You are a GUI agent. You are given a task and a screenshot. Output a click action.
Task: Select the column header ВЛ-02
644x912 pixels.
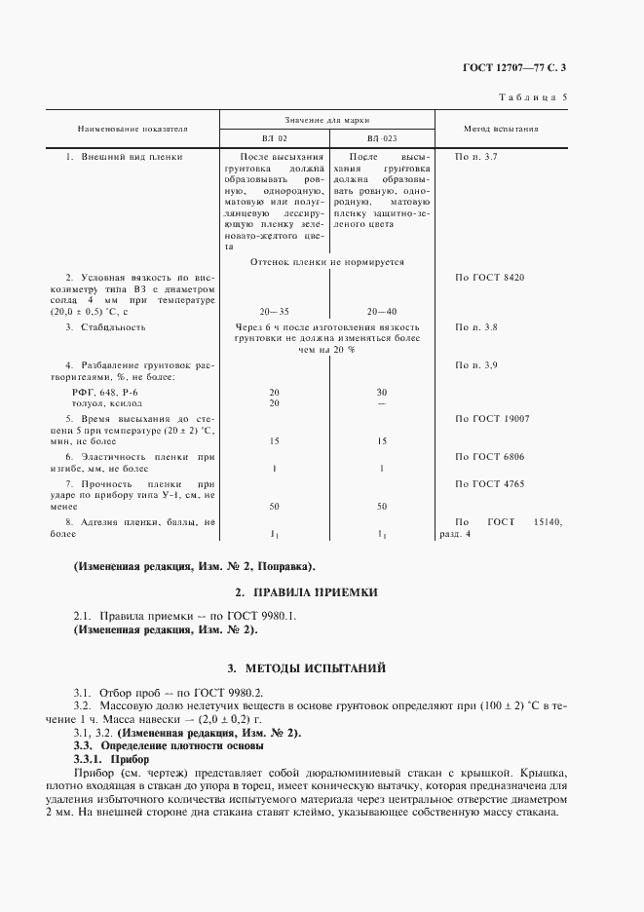(x=274, y=138)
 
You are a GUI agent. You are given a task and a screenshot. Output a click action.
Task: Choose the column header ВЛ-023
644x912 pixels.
(x=381, y=138)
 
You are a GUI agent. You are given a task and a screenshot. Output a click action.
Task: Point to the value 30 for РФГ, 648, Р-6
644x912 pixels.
(x=381, y=392)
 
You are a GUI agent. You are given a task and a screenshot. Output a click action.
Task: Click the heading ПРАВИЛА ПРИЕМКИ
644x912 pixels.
(x=315, y=592)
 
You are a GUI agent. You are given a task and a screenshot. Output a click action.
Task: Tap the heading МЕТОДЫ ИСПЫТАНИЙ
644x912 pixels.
(x=315, y=668)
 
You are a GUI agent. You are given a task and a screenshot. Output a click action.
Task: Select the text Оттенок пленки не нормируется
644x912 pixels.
(x=327, y=262)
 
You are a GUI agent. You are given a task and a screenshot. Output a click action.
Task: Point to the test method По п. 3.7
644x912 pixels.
(x=476, y=156)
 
